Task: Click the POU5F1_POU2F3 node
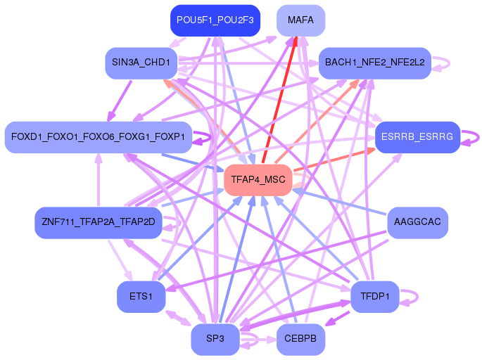215,20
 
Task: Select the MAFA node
300,20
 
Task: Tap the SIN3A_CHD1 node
141,63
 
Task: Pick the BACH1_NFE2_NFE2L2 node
375,63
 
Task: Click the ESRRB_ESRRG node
417,137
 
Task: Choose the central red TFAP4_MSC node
258,180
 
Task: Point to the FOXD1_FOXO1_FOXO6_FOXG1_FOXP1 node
98,137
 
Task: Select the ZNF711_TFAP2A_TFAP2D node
98,222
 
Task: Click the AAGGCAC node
417,222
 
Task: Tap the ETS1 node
141,297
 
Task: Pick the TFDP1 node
375,297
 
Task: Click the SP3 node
215,339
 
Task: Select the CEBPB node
300,339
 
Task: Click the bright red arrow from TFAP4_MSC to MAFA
280,100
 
